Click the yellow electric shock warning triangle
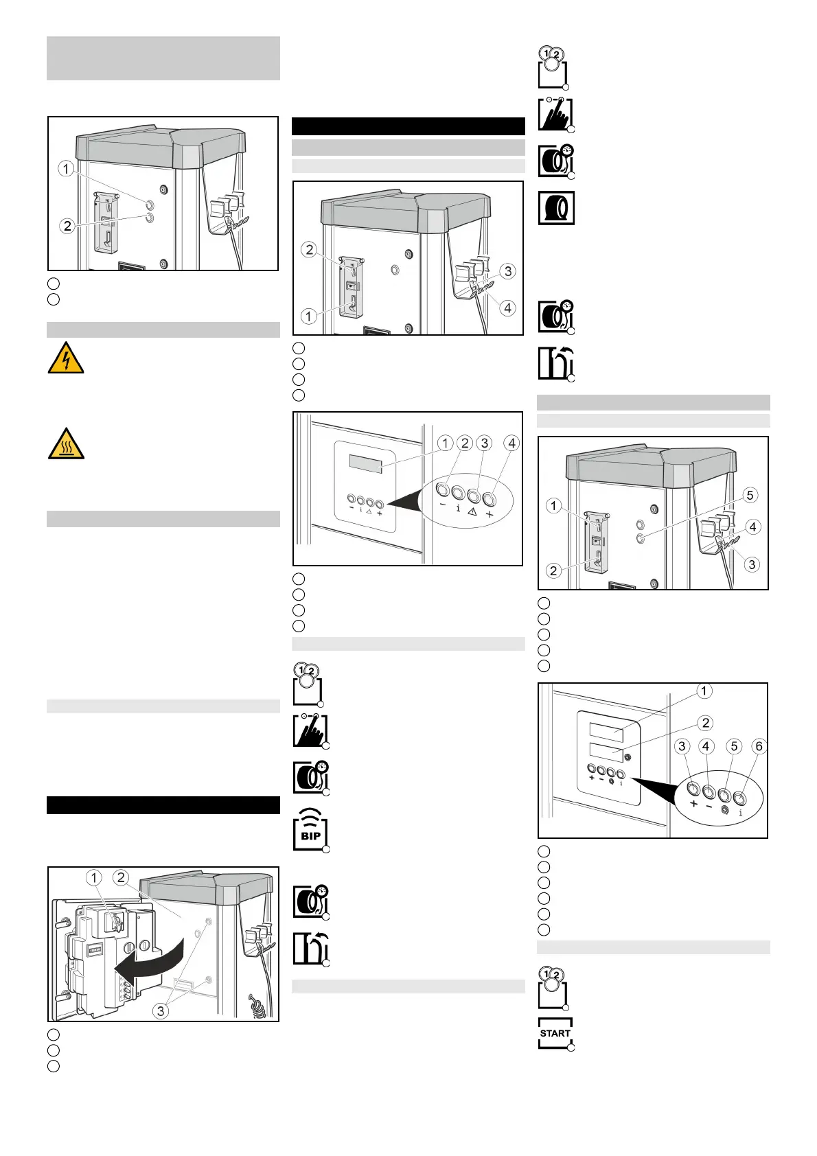[x=66, y=358]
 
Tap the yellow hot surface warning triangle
[x=66, y=443]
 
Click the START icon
[x=555, y=1033]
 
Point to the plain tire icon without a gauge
[x=555, y=208]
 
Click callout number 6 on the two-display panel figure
[x=759, y=746]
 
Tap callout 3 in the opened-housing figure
[x=160, y=1010]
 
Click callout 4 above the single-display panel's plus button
[x=511, y=443]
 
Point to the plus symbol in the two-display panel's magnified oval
[x=693, y=804]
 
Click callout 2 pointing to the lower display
[x=705, y=723]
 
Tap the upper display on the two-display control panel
[x=606, y=732]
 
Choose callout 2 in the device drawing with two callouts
[x=67, y=225]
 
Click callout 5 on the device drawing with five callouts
[x=750, y=495]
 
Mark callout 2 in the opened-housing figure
[x=122, y=877]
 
